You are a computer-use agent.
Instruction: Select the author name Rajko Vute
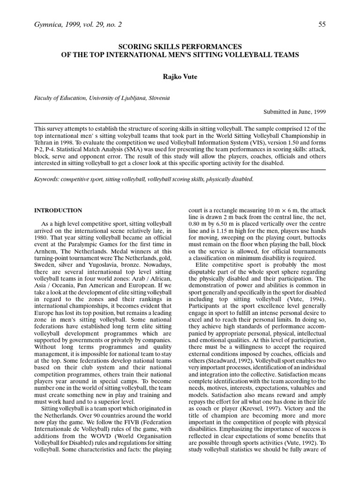point(180,76)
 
